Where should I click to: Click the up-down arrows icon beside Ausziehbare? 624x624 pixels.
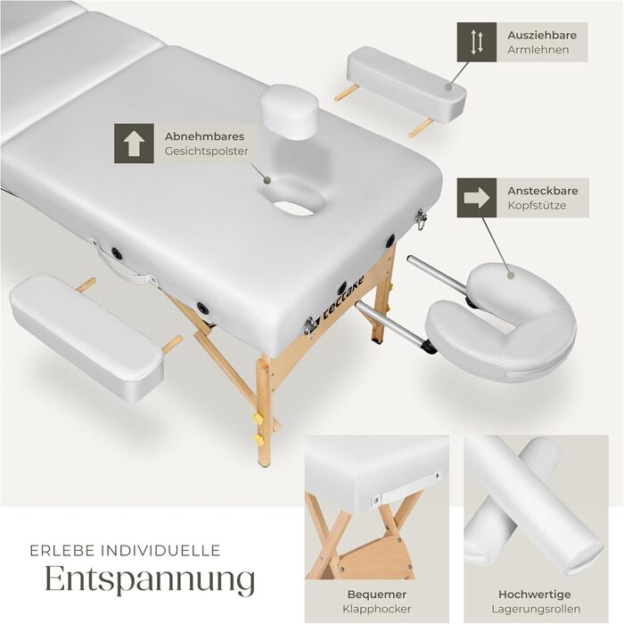point(476,42)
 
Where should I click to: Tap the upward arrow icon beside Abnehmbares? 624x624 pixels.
point(134,144)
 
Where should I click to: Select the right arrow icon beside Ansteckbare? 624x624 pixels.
point(476,197)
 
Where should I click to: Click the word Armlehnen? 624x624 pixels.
point(538,50)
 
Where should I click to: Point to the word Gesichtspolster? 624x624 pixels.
point(207,152)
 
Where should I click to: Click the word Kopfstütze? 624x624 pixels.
point(537,205)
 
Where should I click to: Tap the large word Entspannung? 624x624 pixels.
point(150,579)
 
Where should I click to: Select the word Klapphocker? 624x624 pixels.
point(376,609)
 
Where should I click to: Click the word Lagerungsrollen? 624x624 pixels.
point(536,609)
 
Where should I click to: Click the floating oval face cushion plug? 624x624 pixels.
point(291,111)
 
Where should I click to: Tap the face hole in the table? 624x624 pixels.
point(293,209)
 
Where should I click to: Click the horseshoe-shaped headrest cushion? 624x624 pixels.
point(502,324)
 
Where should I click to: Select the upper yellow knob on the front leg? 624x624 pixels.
point(259,418)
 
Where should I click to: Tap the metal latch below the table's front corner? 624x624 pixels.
point(309,326)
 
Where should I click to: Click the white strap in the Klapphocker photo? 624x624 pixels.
point(406,489)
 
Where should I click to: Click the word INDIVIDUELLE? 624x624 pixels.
point(160,551)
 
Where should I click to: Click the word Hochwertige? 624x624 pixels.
point(535,595)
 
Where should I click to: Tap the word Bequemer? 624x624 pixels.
point(376,595)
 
